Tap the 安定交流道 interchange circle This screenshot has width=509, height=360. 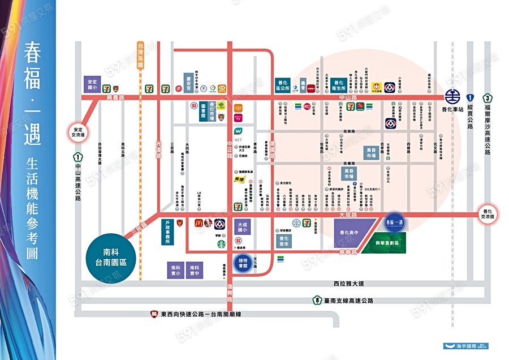78,131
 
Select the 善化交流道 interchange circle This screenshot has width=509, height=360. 488,214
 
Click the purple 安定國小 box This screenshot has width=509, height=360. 92,85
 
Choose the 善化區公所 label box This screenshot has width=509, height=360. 283,85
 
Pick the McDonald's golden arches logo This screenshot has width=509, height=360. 199,223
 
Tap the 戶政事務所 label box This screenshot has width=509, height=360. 168,232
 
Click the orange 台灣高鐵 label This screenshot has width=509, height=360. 141,55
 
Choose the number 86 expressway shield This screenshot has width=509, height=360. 154,314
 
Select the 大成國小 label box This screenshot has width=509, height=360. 244,227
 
